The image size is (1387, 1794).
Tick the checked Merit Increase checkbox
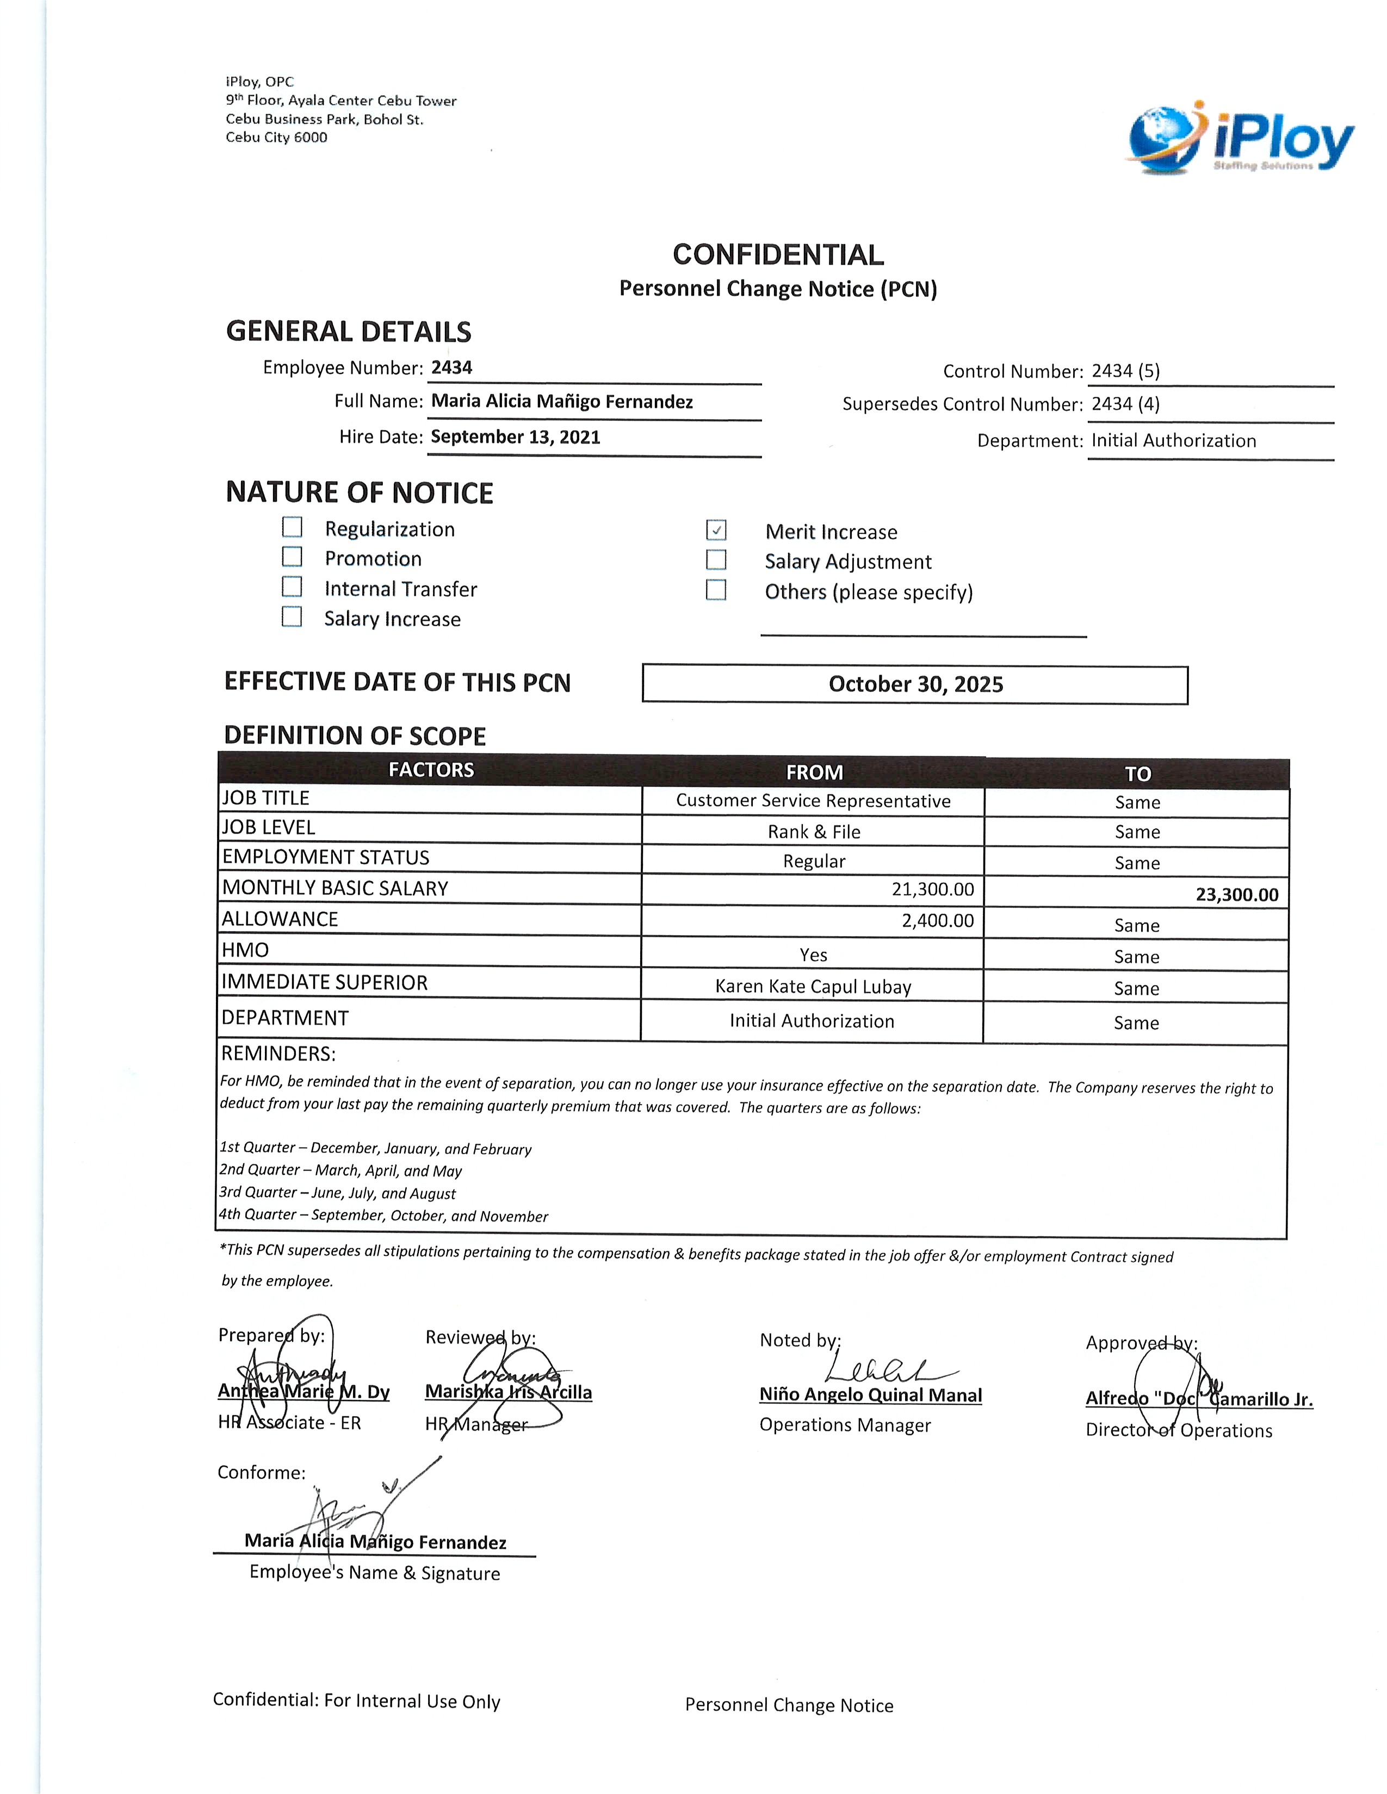tap(716, 530)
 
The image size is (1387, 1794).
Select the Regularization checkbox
tap(292, 527)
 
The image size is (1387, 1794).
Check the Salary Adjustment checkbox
tap(716, 560)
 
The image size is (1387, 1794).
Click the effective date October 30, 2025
tap(915, 684)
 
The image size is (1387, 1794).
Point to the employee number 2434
tap(452, 367)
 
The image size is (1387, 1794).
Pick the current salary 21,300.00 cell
tap(933, 889)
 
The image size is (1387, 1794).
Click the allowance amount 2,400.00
tap(938, 920)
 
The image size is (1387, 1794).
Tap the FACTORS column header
tap(431, 770)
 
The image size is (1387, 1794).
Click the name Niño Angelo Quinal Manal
tap(870, 1395)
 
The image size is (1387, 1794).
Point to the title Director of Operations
tap(1178, 1430)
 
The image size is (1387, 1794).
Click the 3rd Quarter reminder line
tap(337, 1193)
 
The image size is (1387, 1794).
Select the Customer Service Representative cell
tap(813, 801)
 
